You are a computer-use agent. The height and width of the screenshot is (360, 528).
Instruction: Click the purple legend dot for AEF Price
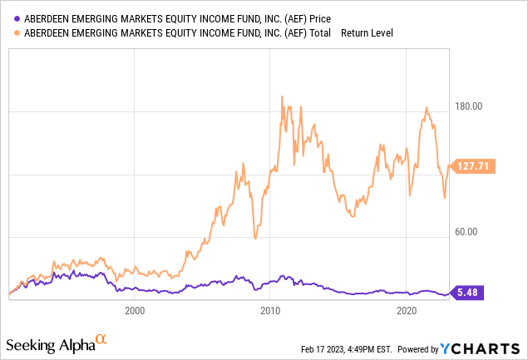[x=11, y=18]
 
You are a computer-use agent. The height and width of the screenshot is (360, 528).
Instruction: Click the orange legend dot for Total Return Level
[x=11, y=33]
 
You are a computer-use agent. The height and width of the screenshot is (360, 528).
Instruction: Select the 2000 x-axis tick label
[x=134, y=312]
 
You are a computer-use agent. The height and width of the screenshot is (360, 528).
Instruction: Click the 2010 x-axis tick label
[x=269, y=312]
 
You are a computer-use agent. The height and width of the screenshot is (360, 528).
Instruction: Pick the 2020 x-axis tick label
[x=407, y=312]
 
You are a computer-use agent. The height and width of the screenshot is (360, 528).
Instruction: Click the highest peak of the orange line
[x=282, y=96]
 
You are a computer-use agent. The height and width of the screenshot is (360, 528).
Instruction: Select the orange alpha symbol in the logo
[x=101, y=340]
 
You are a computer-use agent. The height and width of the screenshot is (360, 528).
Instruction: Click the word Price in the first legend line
[x=328, y=18]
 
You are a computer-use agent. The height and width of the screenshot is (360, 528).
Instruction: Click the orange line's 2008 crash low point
[x=255, y=239]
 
